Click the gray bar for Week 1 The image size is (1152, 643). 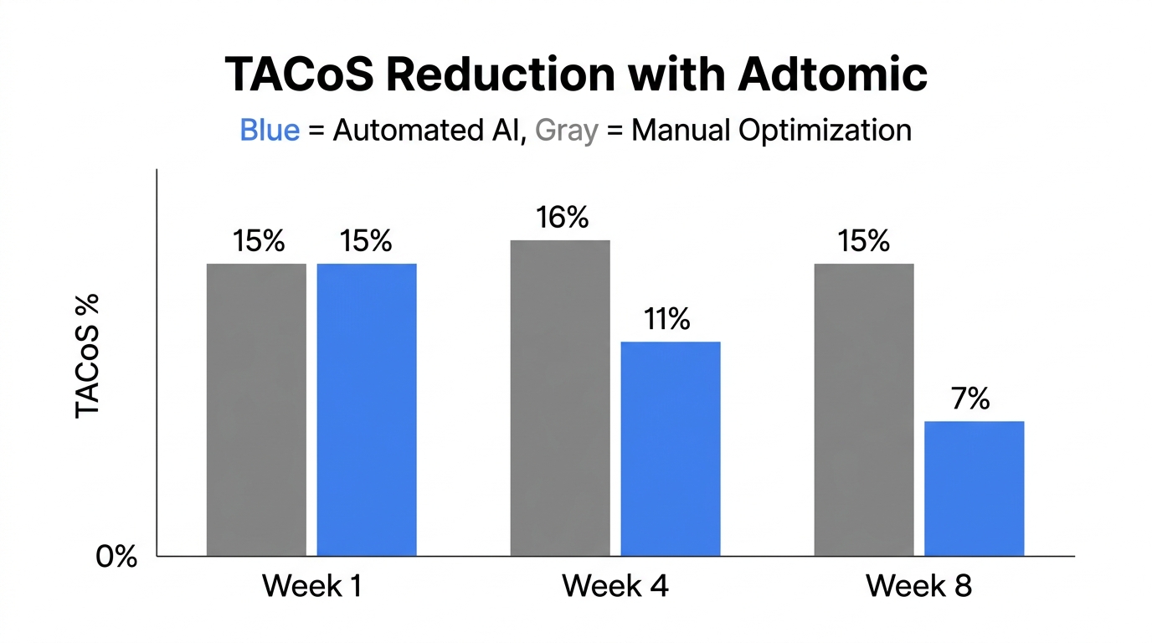click(x=256, y=409)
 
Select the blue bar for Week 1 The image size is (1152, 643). click(x=367, y=409)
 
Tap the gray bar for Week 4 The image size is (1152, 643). click(x=560, y=398)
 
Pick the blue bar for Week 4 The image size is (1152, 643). click(x=670, y=449)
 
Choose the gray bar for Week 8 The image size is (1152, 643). click(x=864, y=409)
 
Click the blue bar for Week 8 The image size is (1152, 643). click(x=974, y=488)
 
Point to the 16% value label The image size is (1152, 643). click(x=563, y=218)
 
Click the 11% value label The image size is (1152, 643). click(x=667, y=319)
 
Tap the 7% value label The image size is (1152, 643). click(x=971, y=399)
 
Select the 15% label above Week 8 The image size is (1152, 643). click(x=864, y=242)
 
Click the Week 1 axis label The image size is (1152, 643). click(x=311, y=585)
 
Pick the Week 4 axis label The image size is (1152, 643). click(x=615, y=585)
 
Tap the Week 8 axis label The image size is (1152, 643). click(x=919, y=585)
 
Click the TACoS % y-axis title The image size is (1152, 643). click(x=88, y=355)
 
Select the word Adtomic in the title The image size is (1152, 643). click(x=833, y=75)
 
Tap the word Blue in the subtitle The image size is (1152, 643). click(x=270, y=131)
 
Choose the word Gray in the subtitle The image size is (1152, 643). click(x=566, y=131)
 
